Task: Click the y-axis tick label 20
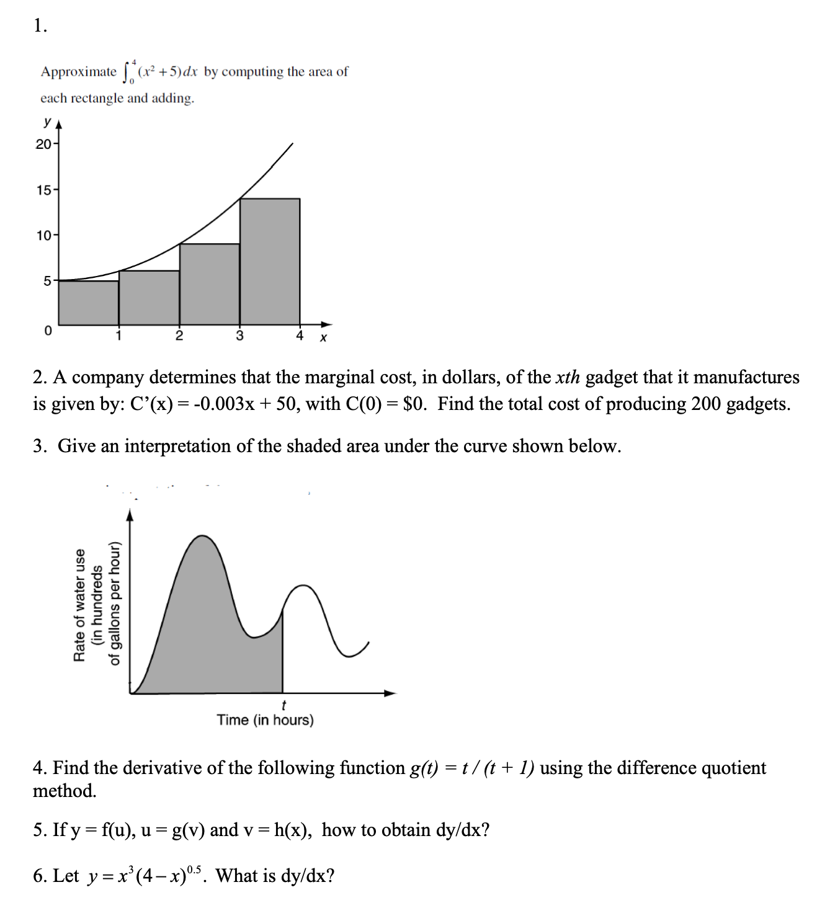[43, 145]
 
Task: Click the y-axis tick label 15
[43, 190]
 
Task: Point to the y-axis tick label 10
[43, 236]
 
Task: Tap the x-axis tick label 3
[239, 336]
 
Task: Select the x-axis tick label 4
[300, 336]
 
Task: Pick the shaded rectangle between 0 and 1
[89, 303]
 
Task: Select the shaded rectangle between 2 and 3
[210, 284]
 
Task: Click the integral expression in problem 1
[160, 72]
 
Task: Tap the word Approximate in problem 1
[78, 72]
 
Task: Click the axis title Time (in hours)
[265, 720]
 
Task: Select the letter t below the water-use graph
[284, 705]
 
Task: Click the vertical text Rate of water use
[79, 605]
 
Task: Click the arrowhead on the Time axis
[390, 693]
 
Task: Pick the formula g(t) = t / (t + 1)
[472, 768]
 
